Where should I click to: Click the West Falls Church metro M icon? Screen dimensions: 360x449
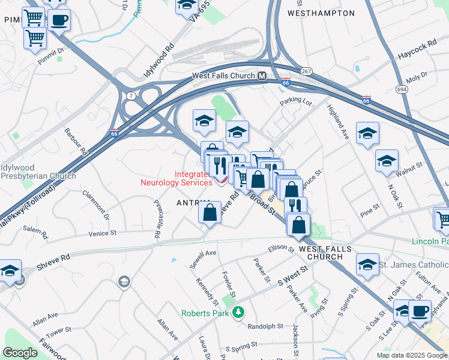pyautogui.click(x=262, y=76)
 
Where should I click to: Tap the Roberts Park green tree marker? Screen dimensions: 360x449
pyautogui.click(x=239, y=312)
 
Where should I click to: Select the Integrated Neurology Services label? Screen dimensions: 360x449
pyautogui.click(x=176, y=178)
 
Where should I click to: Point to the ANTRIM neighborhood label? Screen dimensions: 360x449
pyautogui.click(x=193, y=204)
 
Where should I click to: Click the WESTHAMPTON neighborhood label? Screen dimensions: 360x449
pyautogui.click(x=321, y=13)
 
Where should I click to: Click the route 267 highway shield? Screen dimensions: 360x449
pyautogui.click(x=306, y=71)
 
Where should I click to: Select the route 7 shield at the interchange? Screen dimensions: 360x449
pyautogui.click(x=130, y=95)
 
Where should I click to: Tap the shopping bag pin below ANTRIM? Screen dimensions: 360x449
pyautogui.click(x=209, y=213)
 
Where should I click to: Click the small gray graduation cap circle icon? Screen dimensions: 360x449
pyautogui.click(x=124, y=281)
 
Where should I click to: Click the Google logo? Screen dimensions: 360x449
pyautogui.click(x=20, y=353)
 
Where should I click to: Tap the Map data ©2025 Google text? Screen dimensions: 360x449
pyautogui.click(x=411, y=355)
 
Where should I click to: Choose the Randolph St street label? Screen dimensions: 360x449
pyautogui.click(x=265, y=326)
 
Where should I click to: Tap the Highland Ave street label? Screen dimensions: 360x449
pyautogui.click(x=338, y=123)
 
